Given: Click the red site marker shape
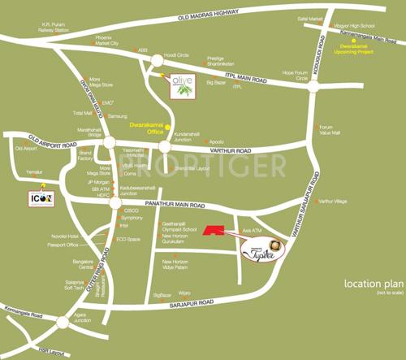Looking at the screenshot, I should click(x=214, y=232).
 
